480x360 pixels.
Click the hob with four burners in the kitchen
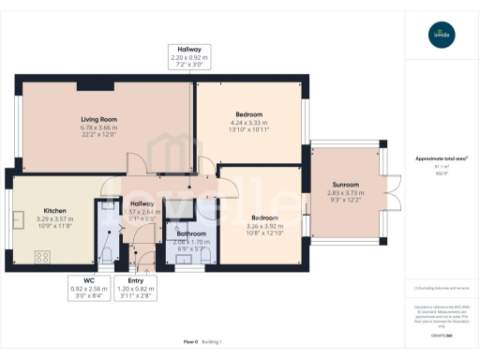(42, 255)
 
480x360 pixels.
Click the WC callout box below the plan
(89, 284)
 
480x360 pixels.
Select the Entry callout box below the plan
(135, 284)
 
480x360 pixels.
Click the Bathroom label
(192, 233)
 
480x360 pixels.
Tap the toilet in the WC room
(108, 254)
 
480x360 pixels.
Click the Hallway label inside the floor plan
(142, 203)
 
